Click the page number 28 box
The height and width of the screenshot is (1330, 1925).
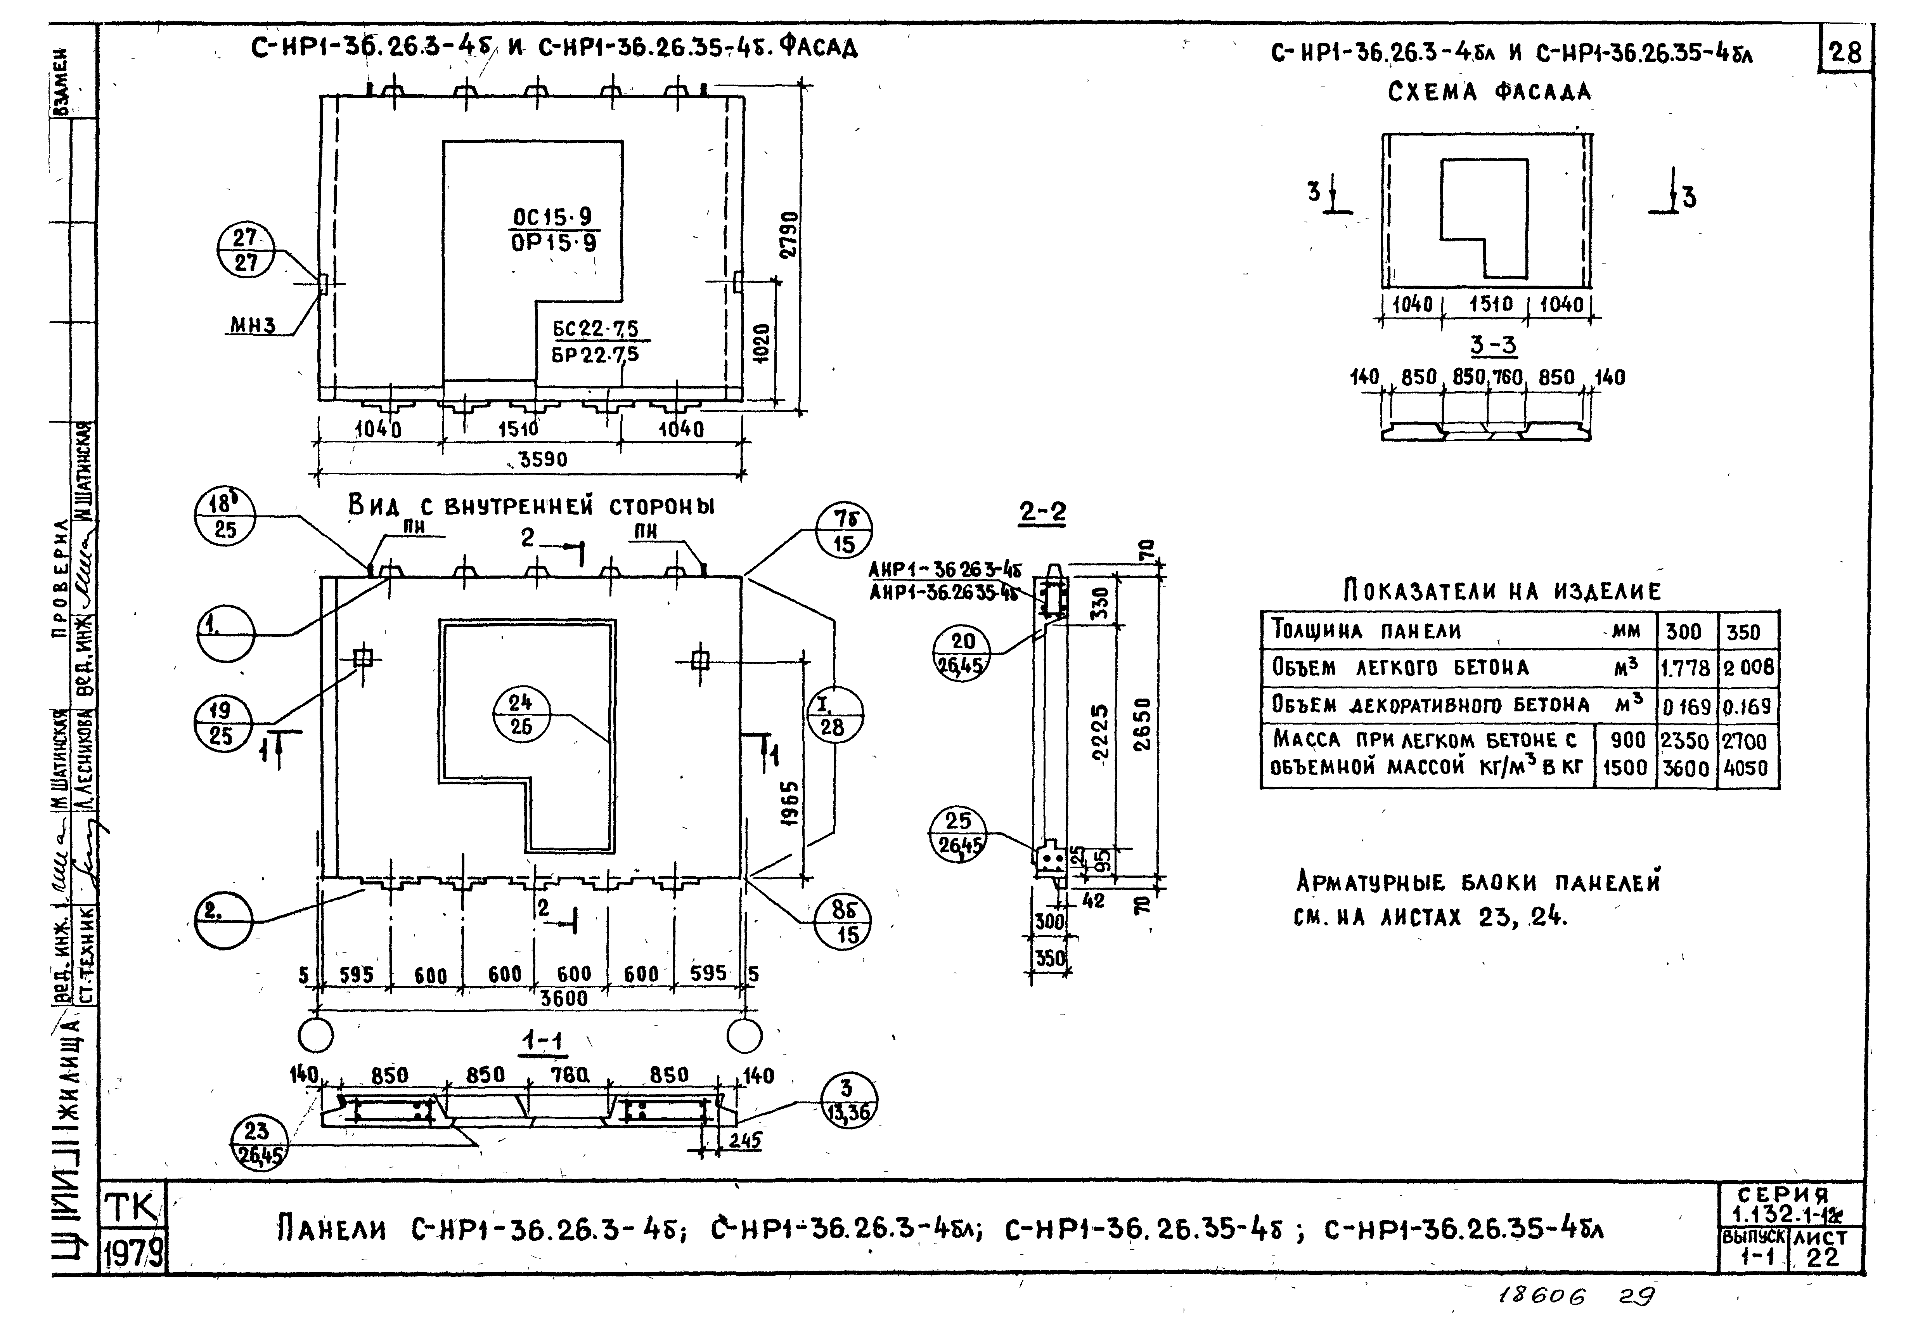(1845, 53)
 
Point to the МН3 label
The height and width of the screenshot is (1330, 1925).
(253, 325)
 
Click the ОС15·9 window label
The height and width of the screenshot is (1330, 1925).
(553, 217)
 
